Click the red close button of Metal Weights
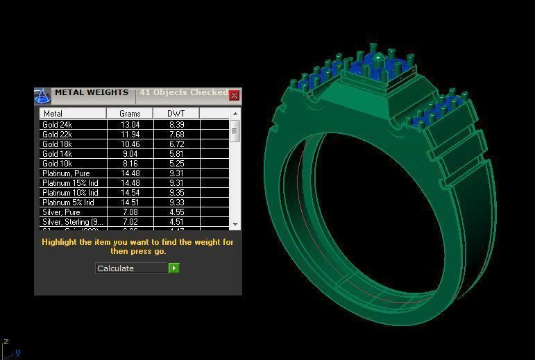click(234, 95)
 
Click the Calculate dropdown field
click(131, 268)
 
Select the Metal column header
click(72, 113)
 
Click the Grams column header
click(130, 113)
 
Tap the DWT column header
click(176, 113)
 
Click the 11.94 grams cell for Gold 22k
click(130, 135)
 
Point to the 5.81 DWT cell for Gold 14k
click(176, 154)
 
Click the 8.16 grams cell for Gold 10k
click(130, 164)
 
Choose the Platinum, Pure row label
click(65, 173)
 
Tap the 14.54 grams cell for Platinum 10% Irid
click(130, 193)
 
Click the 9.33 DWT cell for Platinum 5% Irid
click(176, 203)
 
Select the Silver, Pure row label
click(61, 212)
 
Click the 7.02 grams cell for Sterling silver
click(130, 222)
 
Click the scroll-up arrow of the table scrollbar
click(235, 114)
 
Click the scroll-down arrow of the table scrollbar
click(235, 225)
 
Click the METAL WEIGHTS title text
click(92, 92)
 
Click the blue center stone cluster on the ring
click(377, 69)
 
